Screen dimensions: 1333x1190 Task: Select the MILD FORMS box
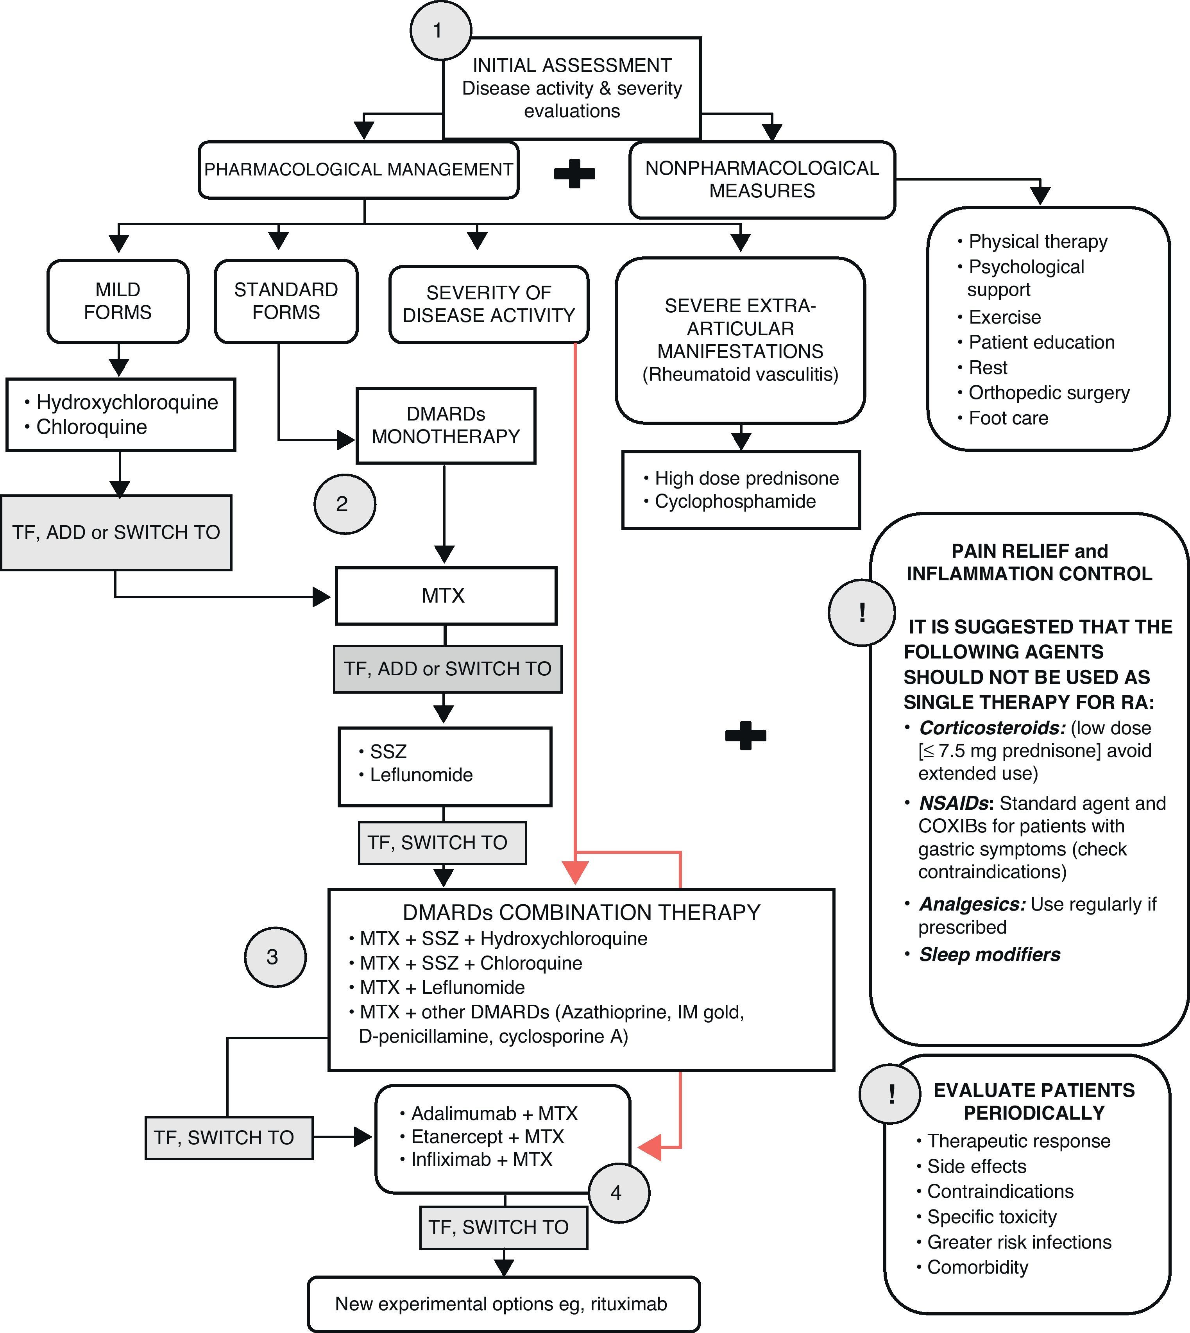pos(118,301)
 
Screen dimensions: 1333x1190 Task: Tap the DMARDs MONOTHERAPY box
pos(446,426)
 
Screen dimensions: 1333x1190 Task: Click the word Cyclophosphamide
pos(735,501)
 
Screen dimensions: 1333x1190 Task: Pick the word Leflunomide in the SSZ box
pos(421,775)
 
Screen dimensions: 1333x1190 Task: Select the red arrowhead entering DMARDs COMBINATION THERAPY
pos(575,873)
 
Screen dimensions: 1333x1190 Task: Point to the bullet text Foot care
pos(1008,418)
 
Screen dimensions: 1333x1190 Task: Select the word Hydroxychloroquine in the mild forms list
pos(127,402)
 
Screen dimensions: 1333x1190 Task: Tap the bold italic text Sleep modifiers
pos(989,954)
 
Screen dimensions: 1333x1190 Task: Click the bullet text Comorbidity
pos(977,1267)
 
